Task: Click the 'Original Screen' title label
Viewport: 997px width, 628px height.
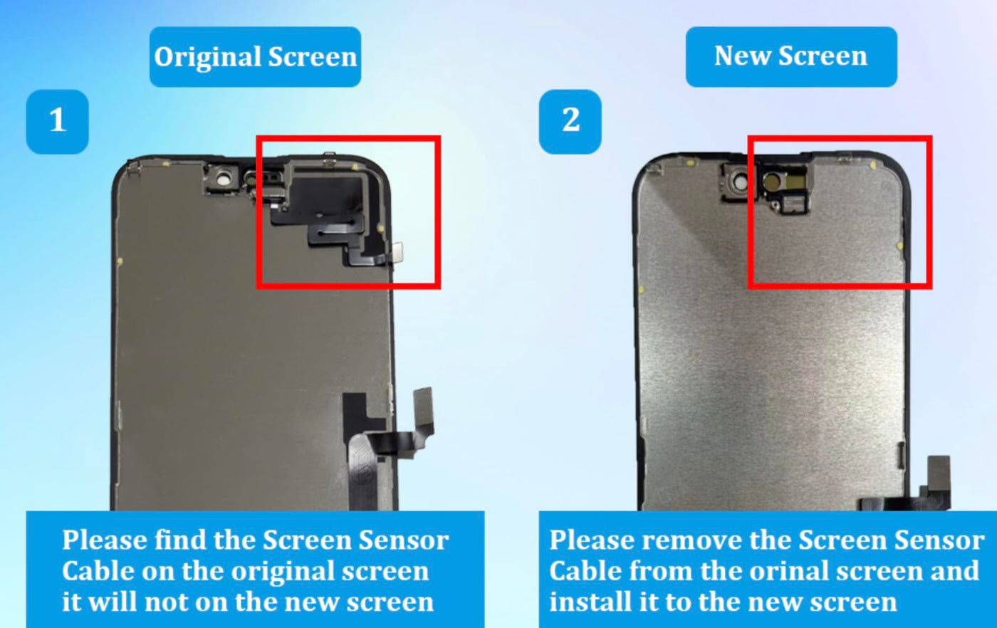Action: (255, 57)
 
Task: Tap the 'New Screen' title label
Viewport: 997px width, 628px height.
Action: (791, 56)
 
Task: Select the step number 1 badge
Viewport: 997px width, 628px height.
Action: (58, 122)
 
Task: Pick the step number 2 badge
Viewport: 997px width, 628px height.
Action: (570, 122)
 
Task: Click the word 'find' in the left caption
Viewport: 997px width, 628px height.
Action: (181, 540)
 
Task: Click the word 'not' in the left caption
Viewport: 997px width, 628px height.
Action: (167, 602)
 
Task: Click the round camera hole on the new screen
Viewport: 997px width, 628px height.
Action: (741, 183)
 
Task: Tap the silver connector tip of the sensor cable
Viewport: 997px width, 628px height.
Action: (397, 252)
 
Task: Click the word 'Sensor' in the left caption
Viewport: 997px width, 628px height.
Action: (404, 540)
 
